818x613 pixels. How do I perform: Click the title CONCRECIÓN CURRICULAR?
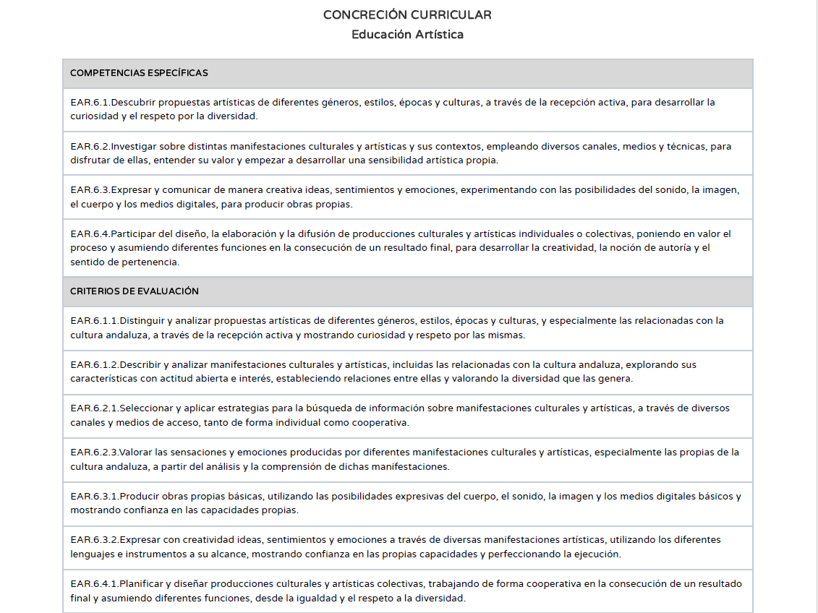407,15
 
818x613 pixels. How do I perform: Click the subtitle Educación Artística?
407,35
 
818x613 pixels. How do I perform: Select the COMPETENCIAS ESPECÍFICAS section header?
139,73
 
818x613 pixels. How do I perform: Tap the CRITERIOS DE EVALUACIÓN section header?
134,291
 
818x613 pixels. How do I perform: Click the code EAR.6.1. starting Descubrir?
90,103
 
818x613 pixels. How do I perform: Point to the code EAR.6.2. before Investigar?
90,147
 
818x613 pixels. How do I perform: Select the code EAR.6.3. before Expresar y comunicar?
90,190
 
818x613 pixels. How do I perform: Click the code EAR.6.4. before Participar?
90,234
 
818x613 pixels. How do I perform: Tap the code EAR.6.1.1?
95,321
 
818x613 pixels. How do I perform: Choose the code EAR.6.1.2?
95,365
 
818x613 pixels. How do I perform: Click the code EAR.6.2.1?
95,408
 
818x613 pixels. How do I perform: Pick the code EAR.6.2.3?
95,453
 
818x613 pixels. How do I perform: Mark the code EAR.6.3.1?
95,497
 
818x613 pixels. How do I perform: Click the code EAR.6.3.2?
95,540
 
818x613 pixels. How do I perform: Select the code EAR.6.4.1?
95,584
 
